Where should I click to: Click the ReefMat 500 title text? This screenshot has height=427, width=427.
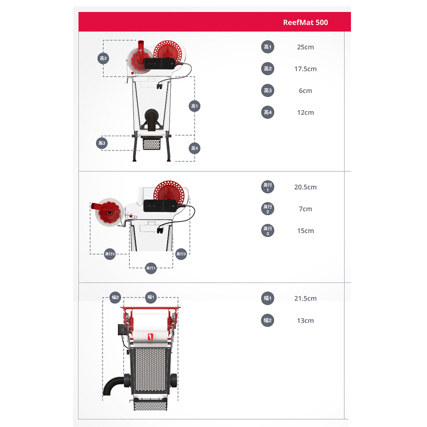click(x=305, y=22)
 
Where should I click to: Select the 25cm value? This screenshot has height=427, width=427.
click(x=305, y=47)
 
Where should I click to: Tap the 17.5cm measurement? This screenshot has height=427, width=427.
click(x=305, y=69)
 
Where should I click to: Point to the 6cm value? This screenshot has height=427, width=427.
click(x=305, y=91)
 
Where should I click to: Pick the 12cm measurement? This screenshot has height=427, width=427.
click(x=305, y=112)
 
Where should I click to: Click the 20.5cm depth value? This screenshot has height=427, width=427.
click(x=305, y=187)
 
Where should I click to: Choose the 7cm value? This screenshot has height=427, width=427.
click(x=305, y=209)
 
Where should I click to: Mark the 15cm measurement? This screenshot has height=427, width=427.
click(x=305, y=231)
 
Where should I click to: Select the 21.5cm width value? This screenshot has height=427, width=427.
click(x=305, y=298)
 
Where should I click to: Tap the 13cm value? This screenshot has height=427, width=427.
click(x=305, y=321)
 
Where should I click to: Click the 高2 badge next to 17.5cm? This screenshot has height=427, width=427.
click(x=267, y=69)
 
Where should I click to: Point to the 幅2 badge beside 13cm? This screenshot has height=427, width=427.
click(x=267, y=320)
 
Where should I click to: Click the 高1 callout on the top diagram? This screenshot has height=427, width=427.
click(x=194, y=106)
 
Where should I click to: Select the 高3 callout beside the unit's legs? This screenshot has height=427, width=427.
click(x=102, y=143)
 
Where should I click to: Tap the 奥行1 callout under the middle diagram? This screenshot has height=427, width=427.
click(x=151, y=268)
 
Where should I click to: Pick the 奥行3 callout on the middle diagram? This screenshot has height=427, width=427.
click(x=110, y=254)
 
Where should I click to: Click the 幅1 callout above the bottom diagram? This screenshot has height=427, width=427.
click(x=151, y=297)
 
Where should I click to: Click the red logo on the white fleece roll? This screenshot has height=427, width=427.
click(x=150, y=336)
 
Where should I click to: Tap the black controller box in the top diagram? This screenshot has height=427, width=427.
click(x=159, y=64)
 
